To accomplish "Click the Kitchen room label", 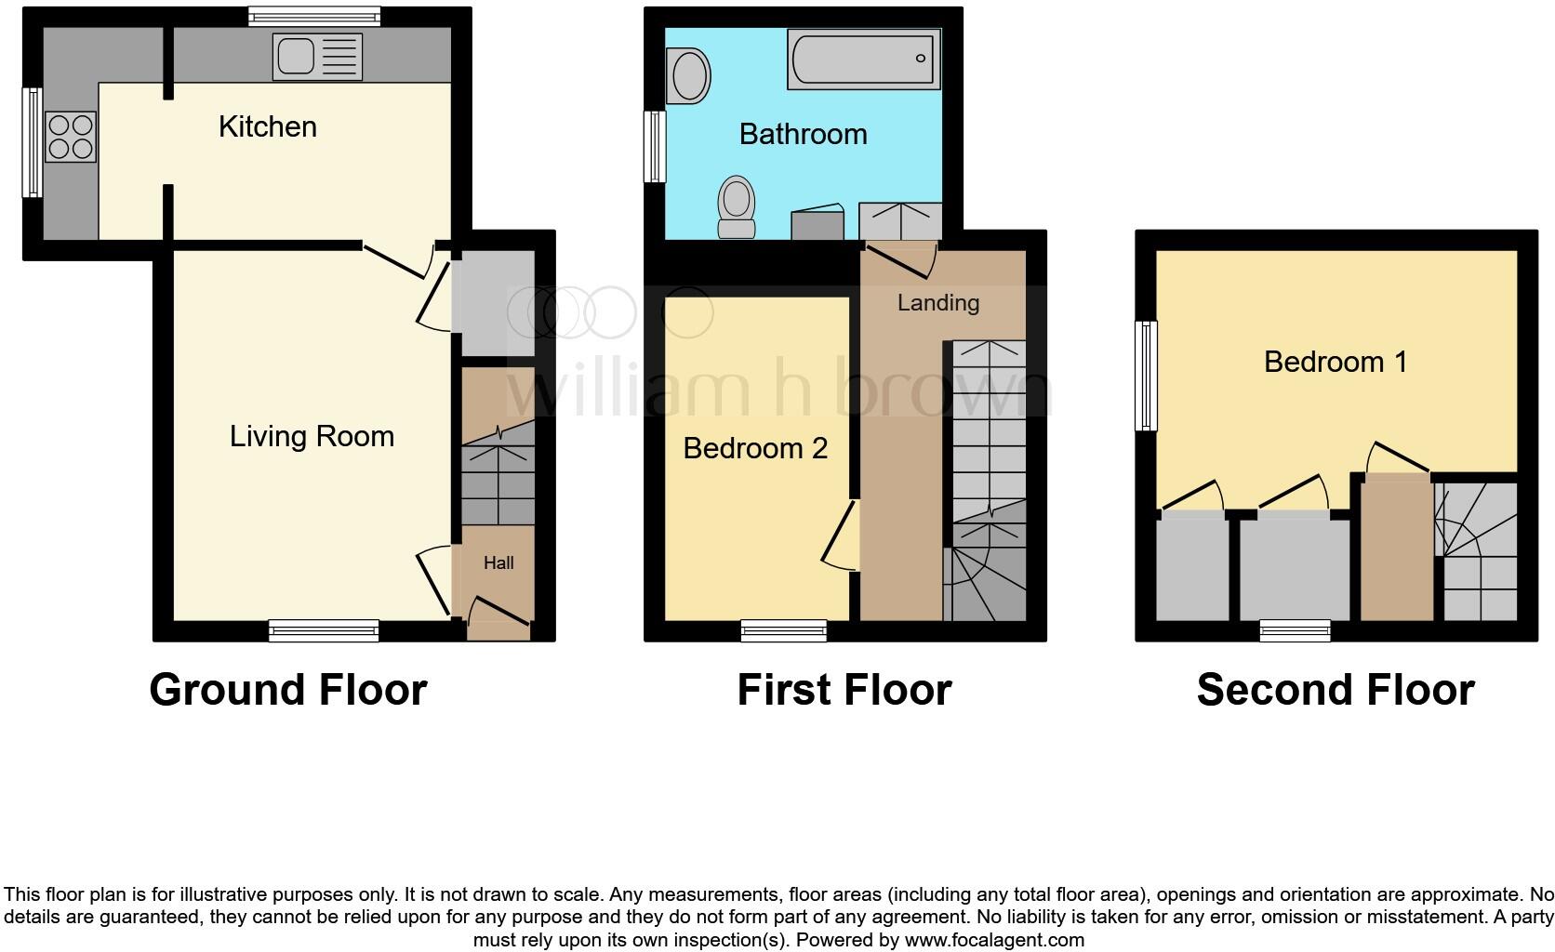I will pyautogui.click(x=267, y=126).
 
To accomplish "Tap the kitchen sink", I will pyautogui.click(x=315, y=57).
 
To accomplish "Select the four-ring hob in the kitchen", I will pyautogui.click(x=70, y=137).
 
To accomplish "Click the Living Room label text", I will pyautogui.click(x=312, y=436).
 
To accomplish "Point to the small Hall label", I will pyautogui.click(x=498, y=562).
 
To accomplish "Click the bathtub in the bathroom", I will pyautogui.click(x=864, y=59).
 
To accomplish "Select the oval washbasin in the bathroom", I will pyautogui.click(x=689, y=76).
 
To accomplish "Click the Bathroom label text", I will pyautogui.click(x=803, y=134).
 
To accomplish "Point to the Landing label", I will pyautogui.click(x=937, y=302).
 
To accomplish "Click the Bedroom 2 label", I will pyautogui.click(x=755, y=448).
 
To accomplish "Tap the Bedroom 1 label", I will pyautogui.click(x=1335, y=362).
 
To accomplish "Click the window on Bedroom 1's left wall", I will pyautogui.click(x=1147, y=376).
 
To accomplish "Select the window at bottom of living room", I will pyautogui.click(x=324, y=631).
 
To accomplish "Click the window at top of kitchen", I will pyautogui.click(x=314, y=16).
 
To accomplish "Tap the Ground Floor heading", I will pyautogui.click(x=287, y=690).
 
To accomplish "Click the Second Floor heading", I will pyautogui.click(x=1335, y=690).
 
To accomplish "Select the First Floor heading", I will pyautogui.click(x=844, y=690).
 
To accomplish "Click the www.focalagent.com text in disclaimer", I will pyautogui.click(x=993, y=940).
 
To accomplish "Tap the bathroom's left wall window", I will pyautogui.click(x=656, y=146).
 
